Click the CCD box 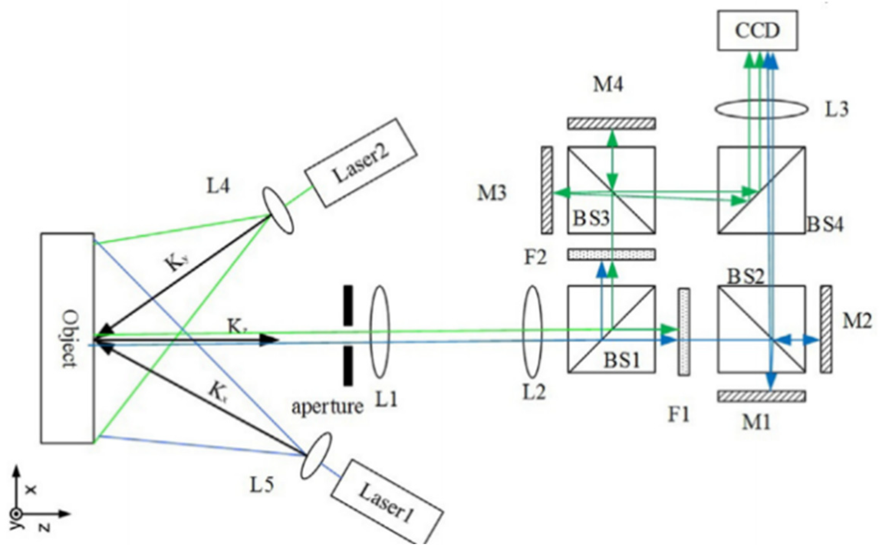point(757,31)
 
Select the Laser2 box point(361,163)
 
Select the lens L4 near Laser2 point(278,210)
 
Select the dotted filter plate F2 point(611,254)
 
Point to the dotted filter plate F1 point(683,332)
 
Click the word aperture point(327,407)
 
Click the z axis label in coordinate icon point(45,529)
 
